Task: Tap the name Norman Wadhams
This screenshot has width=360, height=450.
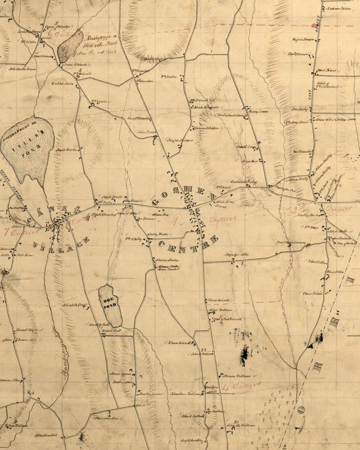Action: pos(235,376)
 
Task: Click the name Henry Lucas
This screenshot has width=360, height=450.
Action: pos(258,111)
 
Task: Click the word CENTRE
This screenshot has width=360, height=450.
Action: pos(189,244)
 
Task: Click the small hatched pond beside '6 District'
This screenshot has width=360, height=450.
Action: pos(70,46)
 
